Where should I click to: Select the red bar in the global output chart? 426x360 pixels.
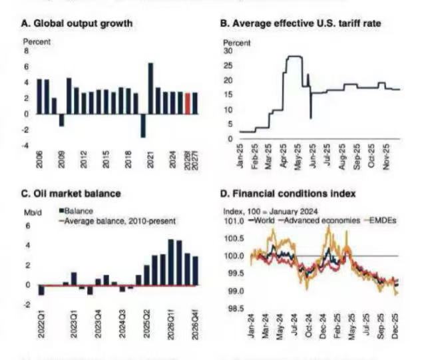pyautogui.click(x=188, y=103)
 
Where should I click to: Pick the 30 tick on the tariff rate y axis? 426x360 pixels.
pyautogui.click(x=228, y=51)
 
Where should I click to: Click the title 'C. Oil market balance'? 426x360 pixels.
pyautogui.click(x=71, y=194)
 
